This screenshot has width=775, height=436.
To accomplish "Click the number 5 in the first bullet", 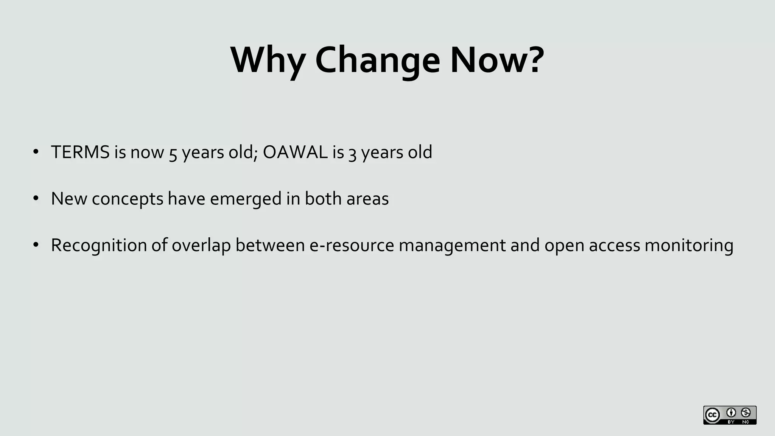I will tap(173, 154).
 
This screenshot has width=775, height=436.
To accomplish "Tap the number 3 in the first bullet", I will tap(352, 154).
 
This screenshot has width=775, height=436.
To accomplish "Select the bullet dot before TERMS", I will tap(36, 152).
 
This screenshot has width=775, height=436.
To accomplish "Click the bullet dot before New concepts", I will tap(36, 199).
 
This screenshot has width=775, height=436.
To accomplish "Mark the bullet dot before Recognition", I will tap(36, 245).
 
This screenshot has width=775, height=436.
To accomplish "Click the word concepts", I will tap(128, 199).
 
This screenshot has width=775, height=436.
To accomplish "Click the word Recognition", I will tap(99, 245).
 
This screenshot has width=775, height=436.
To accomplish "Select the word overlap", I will tap(201, 245).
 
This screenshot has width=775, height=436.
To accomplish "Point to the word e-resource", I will tap(352, 245).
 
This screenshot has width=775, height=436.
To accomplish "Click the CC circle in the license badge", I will tap(712, 415).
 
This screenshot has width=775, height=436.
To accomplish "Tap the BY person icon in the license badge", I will tap(731, 413).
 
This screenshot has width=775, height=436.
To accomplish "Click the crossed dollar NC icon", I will tap(746, 413).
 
